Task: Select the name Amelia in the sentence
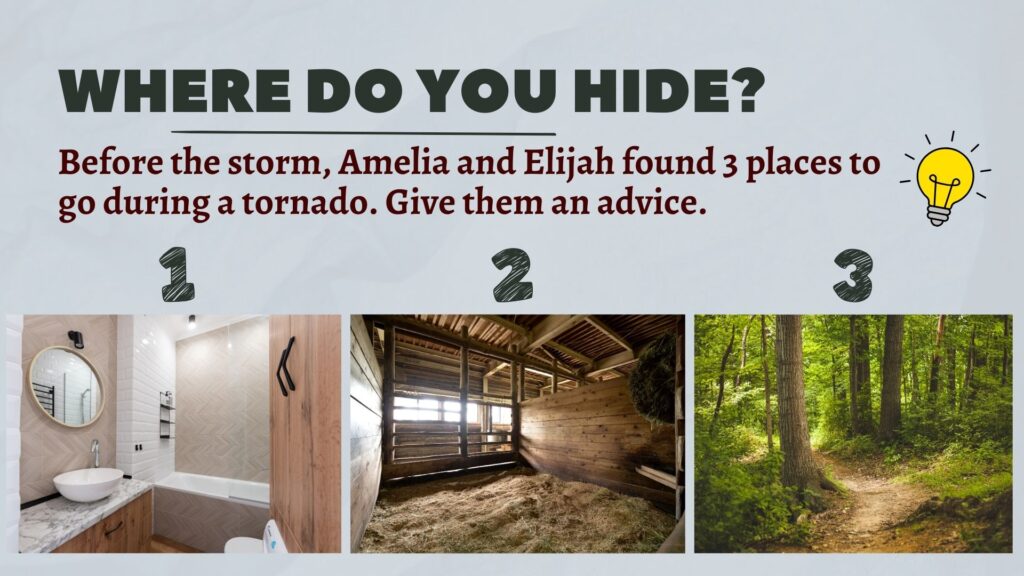point(394,163)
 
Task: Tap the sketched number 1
point(177,274)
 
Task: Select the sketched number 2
point(513,274)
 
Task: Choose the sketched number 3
point(853,275)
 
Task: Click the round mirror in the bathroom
point(66,386)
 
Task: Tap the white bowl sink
point(88,484)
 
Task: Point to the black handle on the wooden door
point(285,366)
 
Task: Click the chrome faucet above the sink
point(95,452)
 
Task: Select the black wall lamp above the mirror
point(76,338)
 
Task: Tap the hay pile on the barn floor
point(516,513)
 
